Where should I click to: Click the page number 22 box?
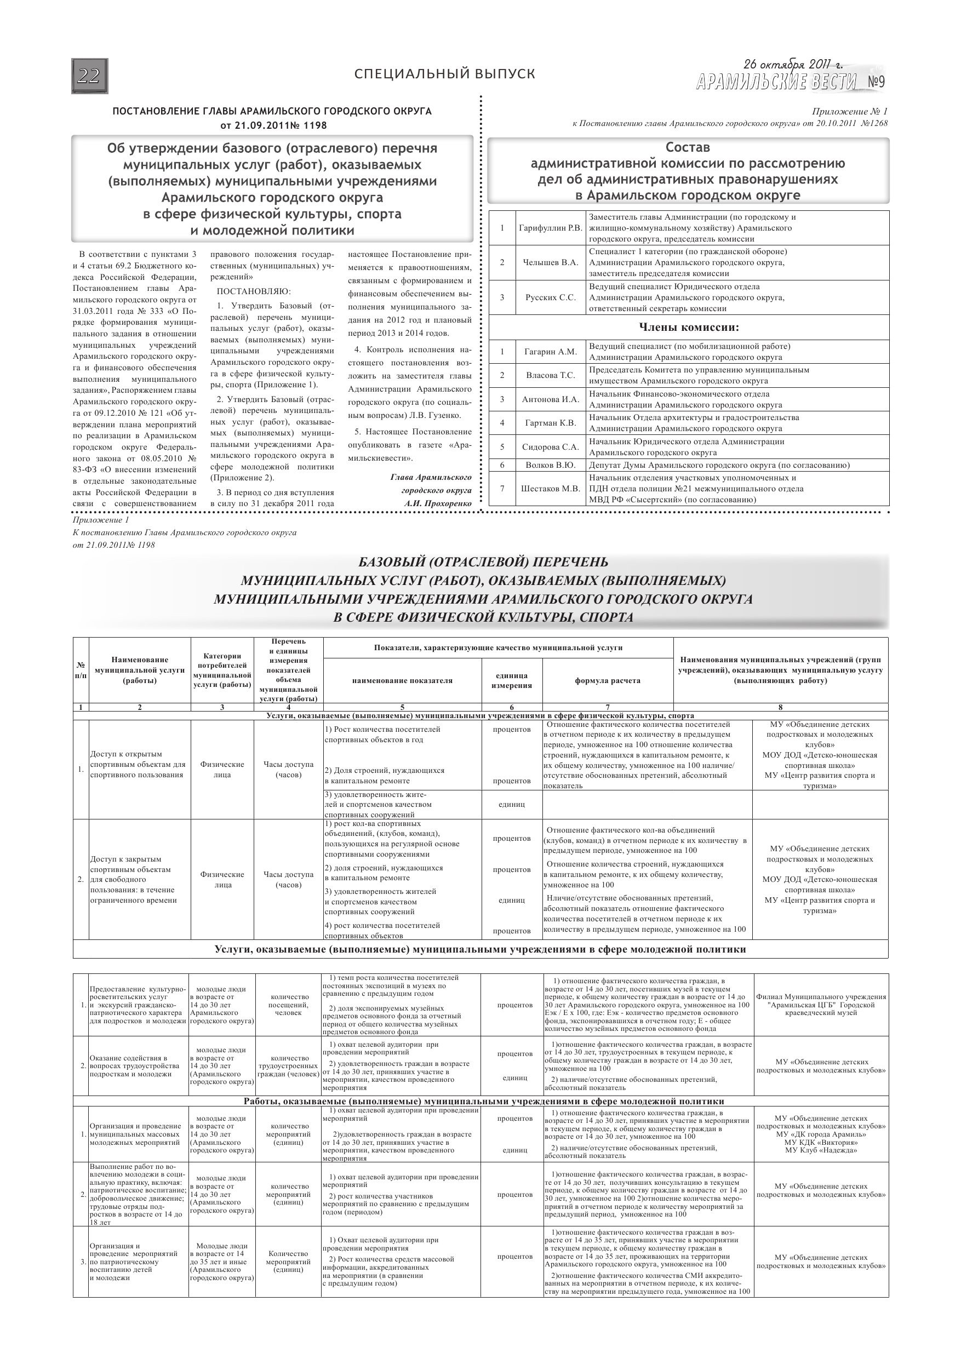[89, 76]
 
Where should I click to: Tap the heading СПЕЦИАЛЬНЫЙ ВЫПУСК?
[444, 74]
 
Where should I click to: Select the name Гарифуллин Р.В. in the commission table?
[550, 228]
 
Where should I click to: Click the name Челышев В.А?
[550, 262]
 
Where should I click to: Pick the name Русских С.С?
[550, 297]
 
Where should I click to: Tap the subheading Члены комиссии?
[689, 328]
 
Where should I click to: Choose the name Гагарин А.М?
[550, 352]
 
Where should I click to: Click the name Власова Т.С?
[550, 375]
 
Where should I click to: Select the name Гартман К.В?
[550, 423]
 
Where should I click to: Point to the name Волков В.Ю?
[550, 465]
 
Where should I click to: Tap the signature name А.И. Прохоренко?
[438, 503]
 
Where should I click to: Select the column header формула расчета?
[608, 681]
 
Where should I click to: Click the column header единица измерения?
[512, 681]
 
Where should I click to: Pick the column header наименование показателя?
[402, 681]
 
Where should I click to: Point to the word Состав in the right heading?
[688, 147]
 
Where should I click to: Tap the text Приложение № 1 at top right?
[850, 111]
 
